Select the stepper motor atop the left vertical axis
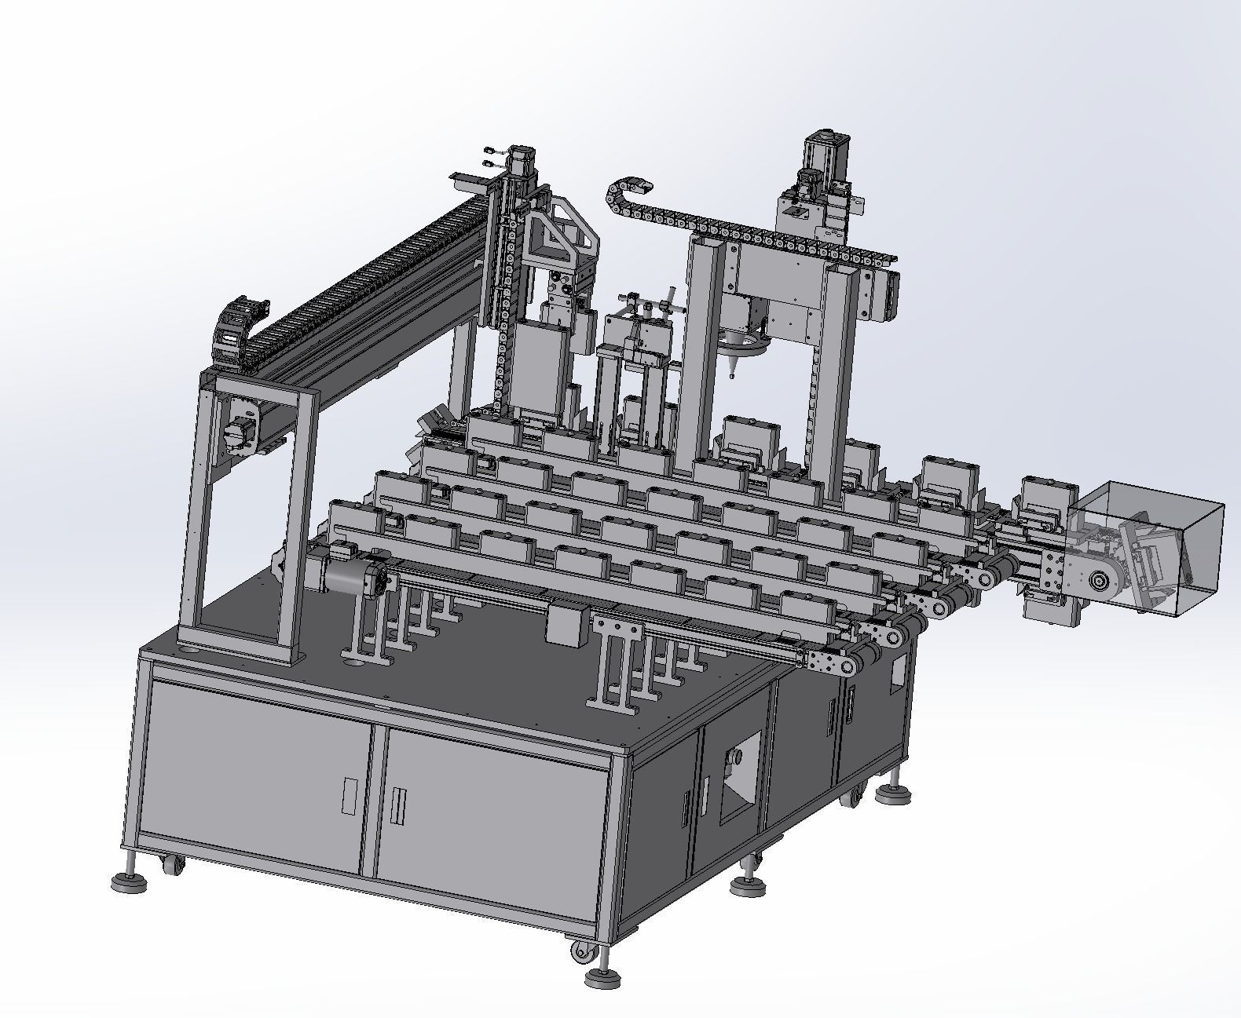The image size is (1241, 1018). point(520,160)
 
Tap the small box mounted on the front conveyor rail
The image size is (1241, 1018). point(567,625)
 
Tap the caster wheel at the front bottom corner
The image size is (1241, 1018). point(581,952)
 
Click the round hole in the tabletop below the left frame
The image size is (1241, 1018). point(188,651)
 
